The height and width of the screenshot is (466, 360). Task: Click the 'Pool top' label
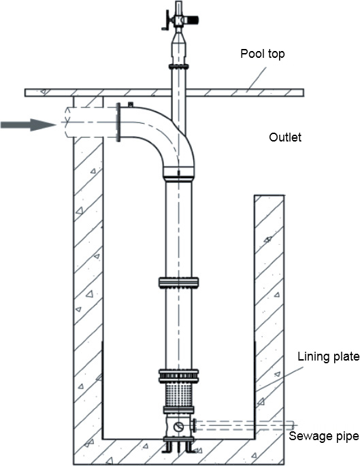[262, 54]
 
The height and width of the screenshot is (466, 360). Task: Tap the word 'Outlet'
[285, 137]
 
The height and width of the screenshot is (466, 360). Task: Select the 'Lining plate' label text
[329, 356]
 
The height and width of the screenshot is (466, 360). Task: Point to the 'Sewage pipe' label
[324, 436]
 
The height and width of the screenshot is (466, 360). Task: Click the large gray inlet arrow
[29, 124]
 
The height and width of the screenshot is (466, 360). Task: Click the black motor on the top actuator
[193, 20]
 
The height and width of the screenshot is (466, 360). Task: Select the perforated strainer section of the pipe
[178, 395]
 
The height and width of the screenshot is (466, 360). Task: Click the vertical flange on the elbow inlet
[118, 122]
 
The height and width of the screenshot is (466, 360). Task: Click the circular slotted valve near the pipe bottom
[178, 427]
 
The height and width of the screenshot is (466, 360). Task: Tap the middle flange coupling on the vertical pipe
[178, 282]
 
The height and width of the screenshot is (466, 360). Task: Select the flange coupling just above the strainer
[178, 376]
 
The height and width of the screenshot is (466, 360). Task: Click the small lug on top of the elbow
[130, 104]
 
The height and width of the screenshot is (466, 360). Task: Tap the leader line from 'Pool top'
[257, 78]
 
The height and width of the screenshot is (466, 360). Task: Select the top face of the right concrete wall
[269, 195]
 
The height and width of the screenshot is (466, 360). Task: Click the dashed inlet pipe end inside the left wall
[67, 122]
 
